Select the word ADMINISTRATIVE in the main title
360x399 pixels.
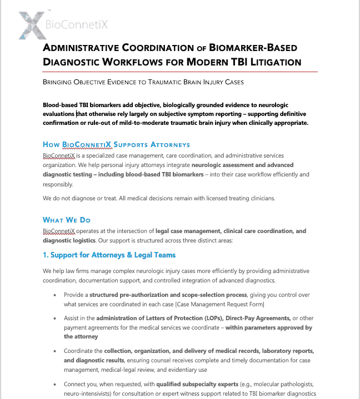coord(89,48)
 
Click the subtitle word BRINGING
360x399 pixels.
coord(59,82)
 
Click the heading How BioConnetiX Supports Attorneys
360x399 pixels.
coord(116,144)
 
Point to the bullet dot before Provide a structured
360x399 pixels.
coord(54,295)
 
